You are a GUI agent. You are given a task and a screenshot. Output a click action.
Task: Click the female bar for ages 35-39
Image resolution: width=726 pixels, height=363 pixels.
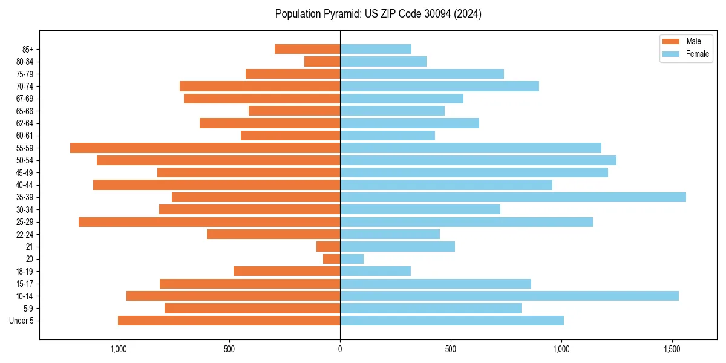point(513,197)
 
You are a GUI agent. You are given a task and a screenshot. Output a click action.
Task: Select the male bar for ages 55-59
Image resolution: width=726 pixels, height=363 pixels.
point(205,148)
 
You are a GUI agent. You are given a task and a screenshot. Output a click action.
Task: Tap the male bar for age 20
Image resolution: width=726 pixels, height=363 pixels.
point(332,259)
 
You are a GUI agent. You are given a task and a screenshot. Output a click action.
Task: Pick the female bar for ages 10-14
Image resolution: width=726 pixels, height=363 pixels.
point(509,296)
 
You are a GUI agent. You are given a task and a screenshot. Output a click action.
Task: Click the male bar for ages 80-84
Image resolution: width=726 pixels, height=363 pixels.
point(322,61)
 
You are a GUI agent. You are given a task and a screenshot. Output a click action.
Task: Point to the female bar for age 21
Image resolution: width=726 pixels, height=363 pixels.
point(397,246)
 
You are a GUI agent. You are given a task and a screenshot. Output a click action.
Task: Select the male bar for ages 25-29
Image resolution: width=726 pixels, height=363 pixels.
point(209,222)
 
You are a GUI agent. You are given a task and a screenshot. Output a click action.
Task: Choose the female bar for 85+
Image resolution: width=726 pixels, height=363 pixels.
point(376,49)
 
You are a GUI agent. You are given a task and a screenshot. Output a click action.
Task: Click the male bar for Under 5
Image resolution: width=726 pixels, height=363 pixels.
point(229,321)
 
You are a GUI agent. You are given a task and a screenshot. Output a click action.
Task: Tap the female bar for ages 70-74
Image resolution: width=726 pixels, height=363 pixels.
point(439,86)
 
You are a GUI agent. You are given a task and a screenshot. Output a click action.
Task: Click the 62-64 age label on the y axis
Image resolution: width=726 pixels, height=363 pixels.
point(25,123)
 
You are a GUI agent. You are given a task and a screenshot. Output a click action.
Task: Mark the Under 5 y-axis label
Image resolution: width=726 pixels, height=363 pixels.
point(22,321)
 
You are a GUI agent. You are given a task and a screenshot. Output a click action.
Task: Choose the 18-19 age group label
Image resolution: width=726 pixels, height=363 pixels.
point(25,271)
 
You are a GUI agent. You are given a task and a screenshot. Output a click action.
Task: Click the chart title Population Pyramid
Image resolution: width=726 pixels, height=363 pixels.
point(378,14)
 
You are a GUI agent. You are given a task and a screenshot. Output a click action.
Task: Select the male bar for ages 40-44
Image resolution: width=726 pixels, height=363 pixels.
point(217,185)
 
